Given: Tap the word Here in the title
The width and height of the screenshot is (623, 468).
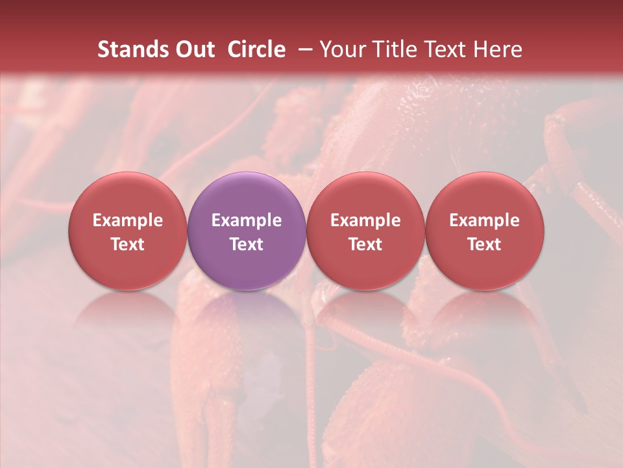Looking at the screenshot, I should click(x=498, y=49).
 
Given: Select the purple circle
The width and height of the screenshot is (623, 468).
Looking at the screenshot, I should click(x=247, y=231).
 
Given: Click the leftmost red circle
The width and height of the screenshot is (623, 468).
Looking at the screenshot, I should click(x=128, y=231).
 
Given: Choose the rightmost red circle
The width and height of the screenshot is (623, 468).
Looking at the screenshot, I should click(x=485, y=231).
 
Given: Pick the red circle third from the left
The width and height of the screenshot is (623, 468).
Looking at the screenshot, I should click(x=365, y=231).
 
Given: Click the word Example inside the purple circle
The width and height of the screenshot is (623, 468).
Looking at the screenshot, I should click(x=247, y=220).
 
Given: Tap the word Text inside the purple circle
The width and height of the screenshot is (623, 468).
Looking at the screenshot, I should click(x=247, y=244).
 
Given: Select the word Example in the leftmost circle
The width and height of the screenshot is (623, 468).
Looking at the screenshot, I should click(x=128, y=220).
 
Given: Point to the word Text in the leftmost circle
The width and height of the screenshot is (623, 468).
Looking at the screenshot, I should click(x=128, y=244).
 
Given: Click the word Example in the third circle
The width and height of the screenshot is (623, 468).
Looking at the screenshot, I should click(x=365, y=220).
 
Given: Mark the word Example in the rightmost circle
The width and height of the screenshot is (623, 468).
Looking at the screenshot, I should click(x=485, y=220).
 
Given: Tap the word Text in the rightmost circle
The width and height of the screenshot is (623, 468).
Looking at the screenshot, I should click(x=485, y=244).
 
